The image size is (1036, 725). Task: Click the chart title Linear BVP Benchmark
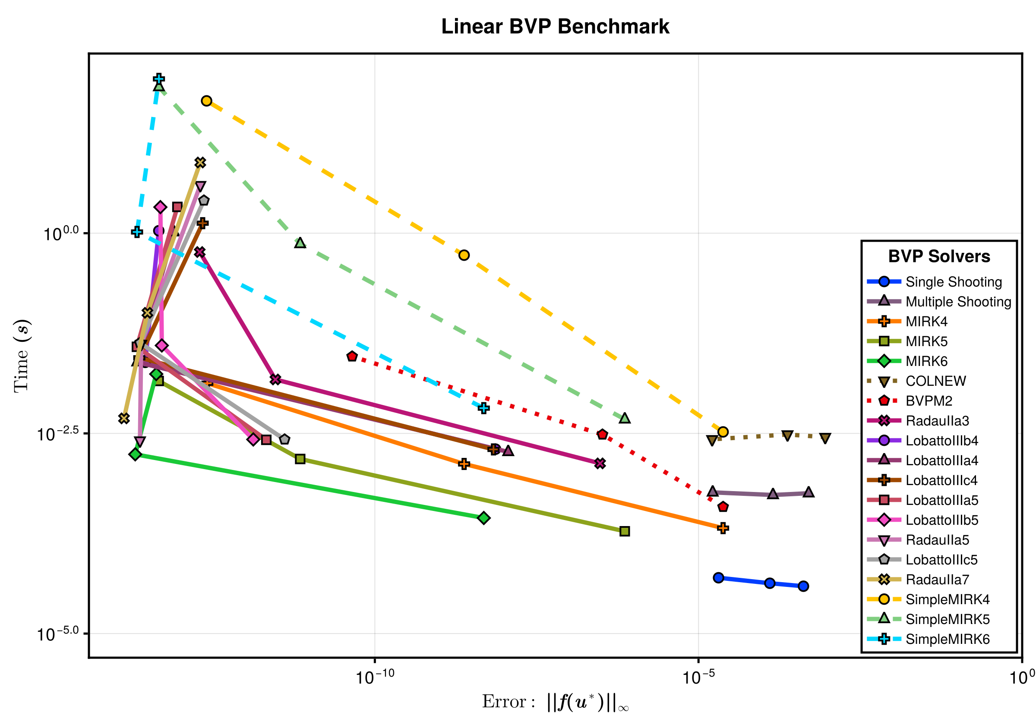(555, 26)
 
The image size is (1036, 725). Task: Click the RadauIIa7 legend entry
(937, 580)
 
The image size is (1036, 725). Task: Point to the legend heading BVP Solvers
(939, 256)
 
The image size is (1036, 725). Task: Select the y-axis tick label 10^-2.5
(58, 434)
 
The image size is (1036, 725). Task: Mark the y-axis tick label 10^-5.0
(58, 634)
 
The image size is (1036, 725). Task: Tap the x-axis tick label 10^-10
(375, 677)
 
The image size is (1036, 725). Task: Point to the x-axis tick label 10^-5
(698, 677)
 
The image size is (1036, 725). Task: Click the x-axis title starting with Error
(555, 702)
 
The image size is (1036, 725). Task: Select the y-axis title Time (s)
(22, 356)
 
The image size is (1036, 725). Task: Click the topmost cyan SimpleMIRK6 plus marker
(158, 79)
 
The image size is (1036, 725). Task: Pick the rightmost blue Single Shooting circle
(803, 586)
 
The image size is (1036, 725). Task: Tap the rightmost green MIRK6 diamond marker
(484, 518)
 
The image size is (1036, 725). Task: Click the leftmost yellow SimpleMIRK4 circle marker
(207, 101)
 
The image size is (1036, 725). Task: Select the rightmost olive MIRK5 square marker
(625, 532)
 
